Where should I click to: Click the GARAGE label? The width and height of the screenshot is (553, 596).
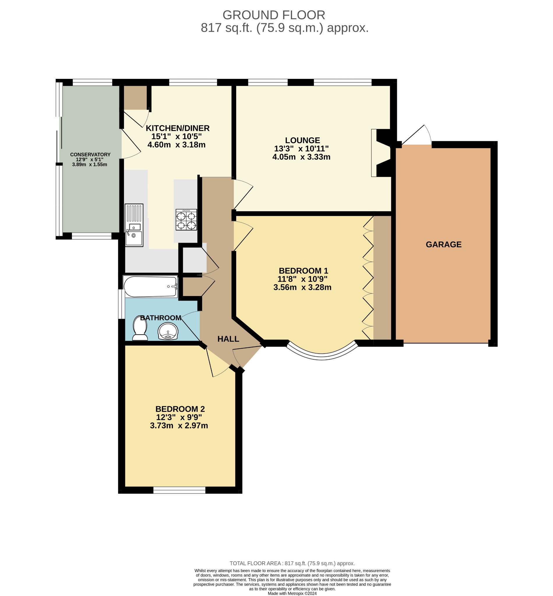pos(444,245)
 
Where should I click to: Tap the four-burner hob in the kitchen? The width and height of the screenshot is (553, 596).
pos(186,220)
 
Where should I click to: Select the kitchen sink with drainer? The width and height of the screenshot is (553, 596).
pos(134,225)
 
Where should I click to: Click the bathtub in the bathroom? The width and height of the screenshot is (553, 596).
pos(151,287)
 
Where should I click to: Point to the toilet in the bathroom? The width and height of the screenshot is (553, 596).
pos(140,328)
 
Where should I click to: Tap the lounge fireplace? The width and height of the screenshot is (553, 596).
pos(381,153)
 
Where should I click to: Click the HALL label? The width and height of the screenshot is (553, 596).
pos(228,339)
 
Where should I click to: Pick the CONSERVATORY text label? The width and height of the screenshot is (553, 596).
pos(90,155)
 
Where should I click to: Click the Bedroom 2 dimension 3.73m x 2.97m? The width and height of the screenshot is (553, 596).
pos(179,425)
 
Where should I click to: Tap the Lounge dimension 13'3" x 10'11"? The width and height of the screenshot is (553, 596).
pos(301,149)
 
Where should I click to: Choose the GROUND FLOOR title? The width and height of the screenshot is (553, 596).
pos(273,15)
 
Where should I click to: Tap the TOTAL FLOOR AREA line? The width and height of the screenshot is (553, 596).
pos(292,563)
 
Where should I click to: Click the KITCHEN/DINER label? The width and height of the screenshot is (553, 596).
pos(177,128)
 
